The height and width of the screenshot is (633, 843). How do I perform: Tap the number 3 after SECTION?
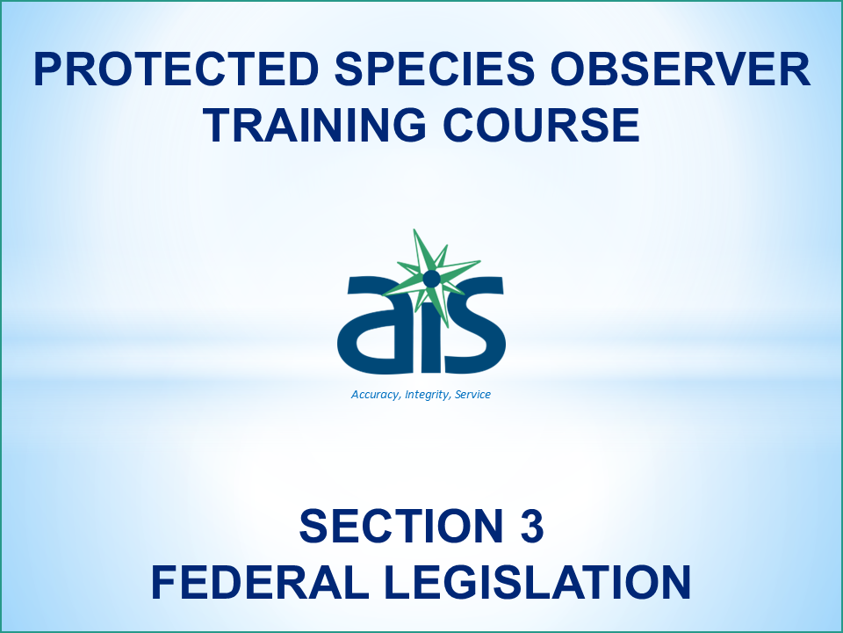tap(530, 527)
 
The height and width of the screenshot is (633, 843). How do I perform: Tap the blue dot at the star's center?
tap(431, 279)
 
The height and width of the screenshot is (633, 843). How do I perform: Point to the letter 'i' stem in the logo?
tap(430, 338)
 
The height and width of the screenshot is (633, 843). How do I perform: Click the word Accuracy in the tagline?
tap(375, 395)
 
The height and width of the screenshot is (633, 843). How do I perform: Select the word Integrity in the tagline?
tap(428, 395)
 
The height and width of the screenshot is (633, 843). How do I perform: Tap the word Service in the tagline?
tap(472, 395)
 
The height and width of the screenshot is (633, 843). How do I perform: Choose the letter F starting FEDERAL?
tap(166, 581)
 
